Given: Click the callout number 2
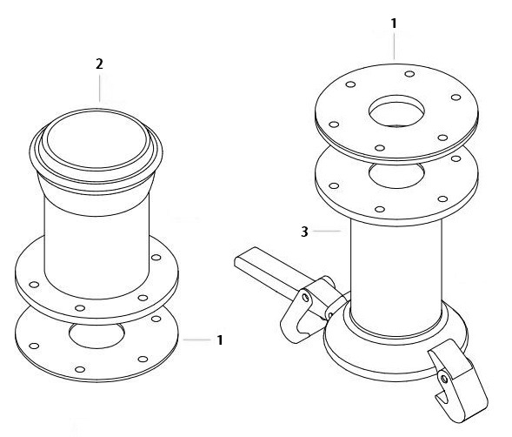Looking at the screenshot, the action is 99,64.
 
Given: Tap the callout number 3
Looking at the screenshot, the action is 304,232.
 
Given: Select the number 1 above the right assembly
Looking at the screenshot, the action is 394,24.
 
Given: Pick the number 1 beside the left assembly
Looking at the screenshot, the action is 220,340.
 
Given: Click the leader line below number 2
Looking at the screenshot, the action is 100,88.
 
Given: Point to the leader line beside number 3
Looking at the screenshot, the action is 327,232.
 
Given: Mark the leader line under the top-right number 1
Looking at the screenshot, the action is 394,45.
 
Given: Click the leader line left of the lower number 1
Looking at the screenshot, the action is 197,340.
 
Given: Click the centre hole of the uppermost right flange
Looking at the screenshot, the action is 396,111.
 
